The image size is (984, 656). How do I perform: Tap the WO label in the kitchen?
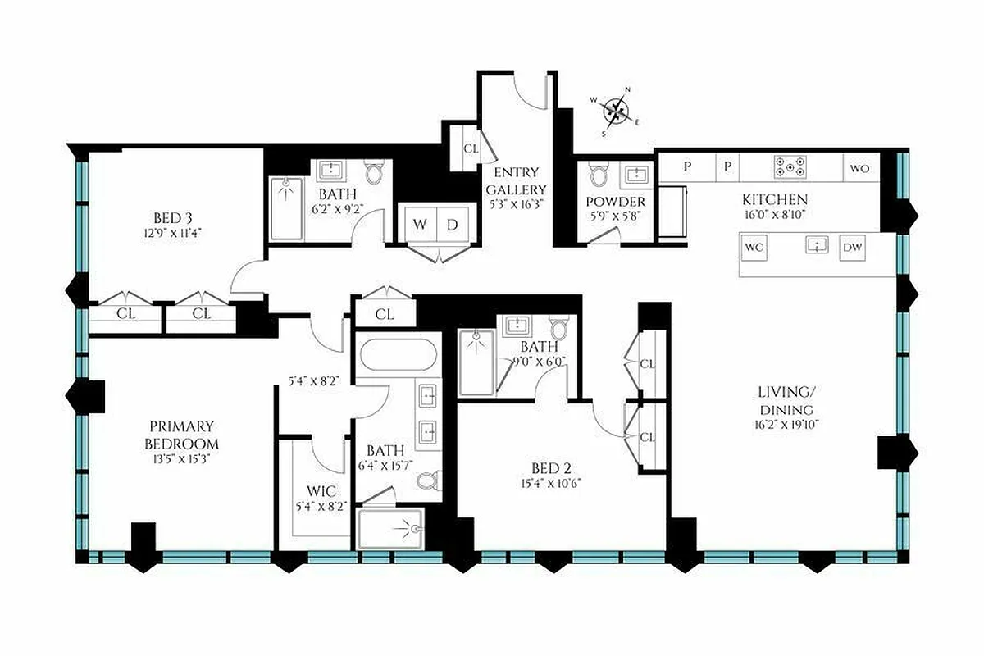(x=859, y=168)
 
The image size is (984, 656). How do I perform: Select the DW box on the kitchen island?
(x=853, y=247)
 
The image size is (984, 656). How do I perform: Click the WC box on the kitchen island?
(x=754, y=247)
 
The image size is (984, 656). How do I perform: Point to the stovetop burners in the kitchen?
(x=789, y=168)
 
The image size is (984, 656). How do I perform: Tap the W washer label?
(x=419, y=225)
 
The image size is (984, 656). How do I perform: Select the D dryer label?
(x=453, y=225)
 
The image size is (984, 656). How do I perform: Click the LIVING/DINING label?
(x=786, y=403)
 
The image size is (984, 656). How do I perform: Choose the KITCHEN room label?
(x=775, y=199)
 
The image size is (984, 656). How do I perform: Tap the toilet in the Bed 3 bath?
(x=375, y=172)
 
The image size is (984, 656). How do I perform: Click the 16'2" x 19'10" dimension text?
(x=786, y=425)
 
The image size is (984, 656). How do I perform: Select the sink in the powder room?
(x=635, y=173)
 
